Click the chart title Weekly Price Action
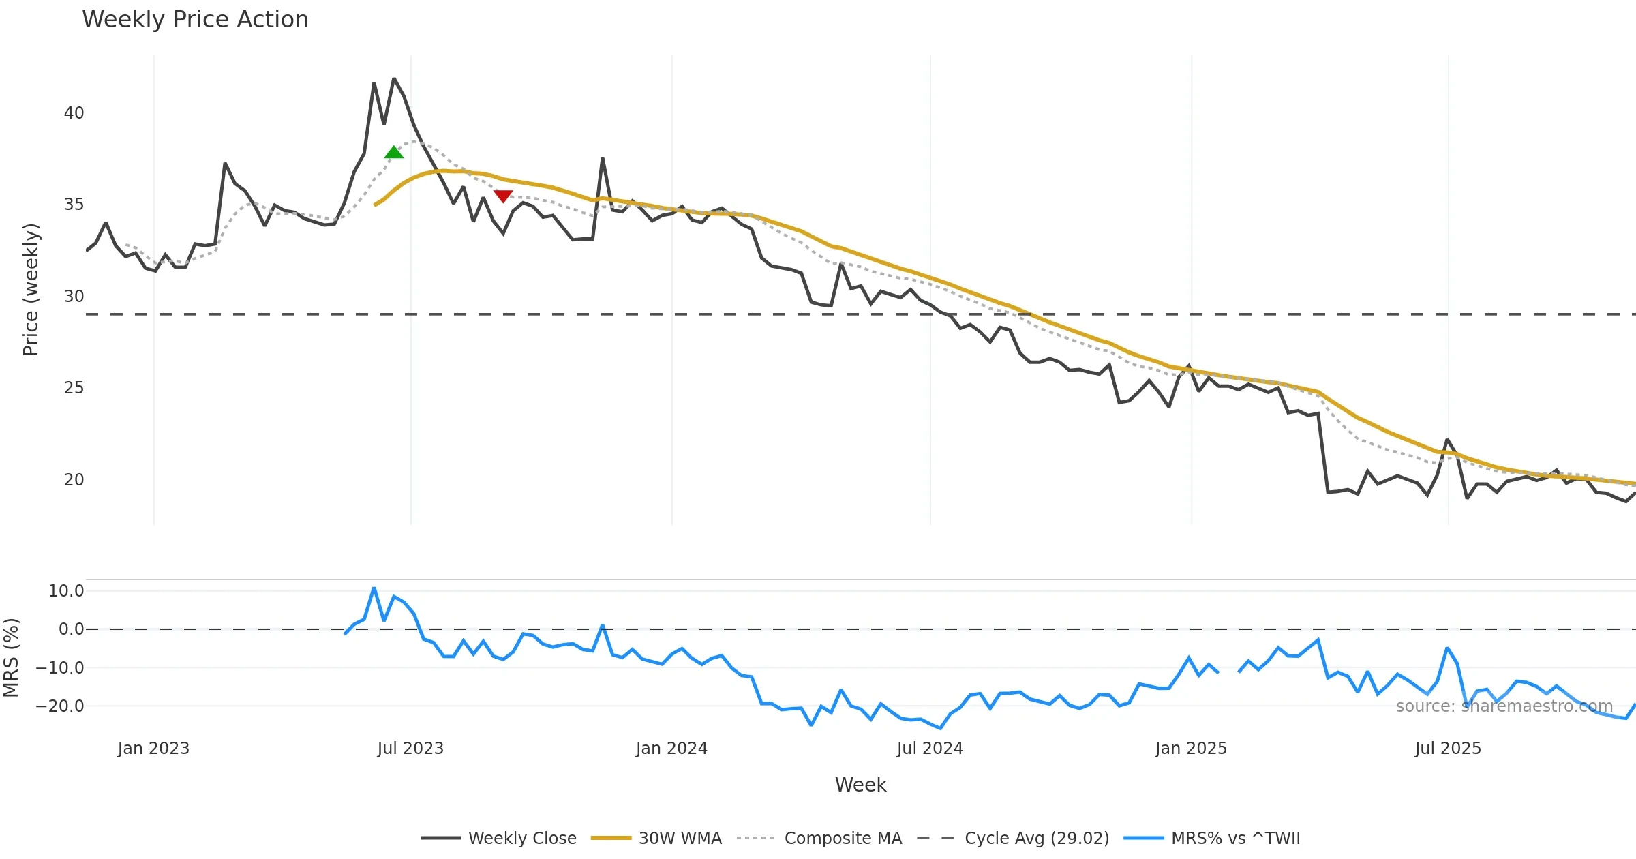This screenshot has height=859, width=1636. coord(195,20)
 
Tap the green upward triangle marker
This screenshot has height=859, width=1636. coord(393,152)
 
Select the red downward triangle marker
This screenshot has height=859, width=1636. coord(503,196)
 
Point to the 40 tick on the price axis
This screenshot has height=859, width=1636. coord(74,113)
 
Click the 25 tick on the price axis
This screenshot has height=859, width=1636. coord(74,388)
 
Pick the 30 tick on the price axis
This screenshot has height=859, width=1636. coord(74,297)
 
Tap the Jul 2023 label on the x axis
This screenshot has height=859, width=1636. coord(410,749)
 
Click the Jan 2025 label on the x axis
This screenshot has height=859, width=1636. coord(1191,749)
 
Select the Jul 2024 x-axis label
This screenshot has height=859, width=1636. coord(930,749)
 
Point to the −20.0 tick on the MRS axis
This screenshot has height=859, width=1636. coord(60,706)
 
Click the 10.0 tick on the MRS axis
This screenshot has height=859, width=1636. coord(66,591)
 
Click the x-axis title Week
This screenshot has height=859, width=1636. coord(860,785)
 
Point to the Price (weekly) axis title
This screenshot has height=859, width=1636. coord(31,290)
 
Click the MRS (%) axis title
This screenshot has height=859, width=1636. coord(11,658)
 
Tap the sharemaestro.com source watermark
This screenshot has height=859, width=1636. coord(1504,706)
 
